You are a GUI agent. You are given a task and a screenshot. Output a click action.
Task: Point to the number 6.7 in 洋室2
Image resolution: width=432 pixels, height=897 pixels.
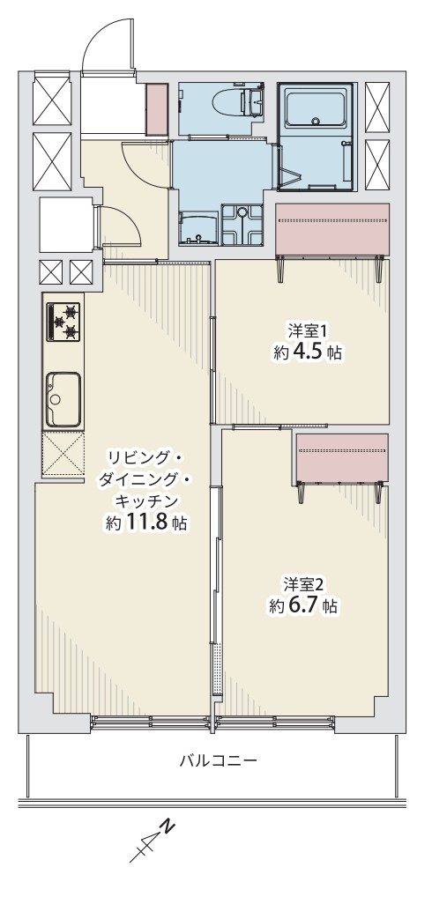304,606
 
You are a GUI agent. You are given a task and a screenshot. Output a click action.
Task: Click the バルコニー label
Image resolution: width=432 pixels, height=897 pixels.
218,760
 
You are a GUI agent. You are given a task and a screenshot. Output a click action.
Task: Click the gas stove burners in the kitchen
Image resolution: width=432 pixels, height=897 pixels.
63,322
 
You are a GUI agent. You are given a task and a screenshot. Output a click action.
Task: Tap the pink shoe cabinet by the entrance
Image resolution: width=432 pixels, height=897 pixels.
157,108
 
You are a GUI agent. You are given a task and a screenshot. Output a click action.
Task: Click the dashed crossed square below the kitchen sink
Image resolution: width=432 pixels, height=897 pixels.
63,454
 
